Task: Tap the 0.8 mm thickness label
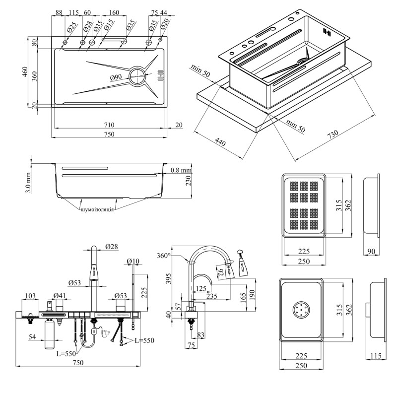tap(181, 170)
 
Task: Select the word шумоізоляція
tap(97, 209)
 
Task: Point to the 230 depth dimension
tap(188, 182)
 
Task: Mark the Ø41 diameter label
tap(60, 296)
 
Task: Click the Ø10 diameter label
tap(133, 261)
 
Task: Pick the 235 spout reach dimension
tap(212, 296)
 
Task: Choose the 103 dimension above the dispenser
tap(30, 296)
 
